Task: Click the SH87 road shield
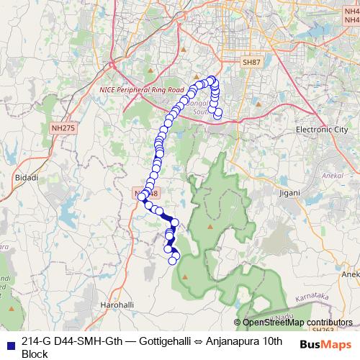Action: pyautogui.click(x=251, y=63)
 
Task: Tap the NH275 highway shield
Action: pyautogui.click(x=63, y=127)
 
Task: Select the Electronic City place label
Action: pyautogui.click(x=321, y=129)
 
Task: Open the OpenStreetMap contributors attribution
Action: pyautogui.click(x=297, y=323)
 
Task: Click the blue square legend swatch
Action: pyautogui.click(x=10, y=342)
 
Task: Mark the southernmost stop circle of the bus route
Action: pyautogui.click(x=173, y=261)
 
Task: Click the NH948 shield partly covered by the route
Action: pyautogui.click(x=140, y=193)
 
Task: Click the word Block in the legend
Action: pyautogui.click(x=35, y=354)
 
